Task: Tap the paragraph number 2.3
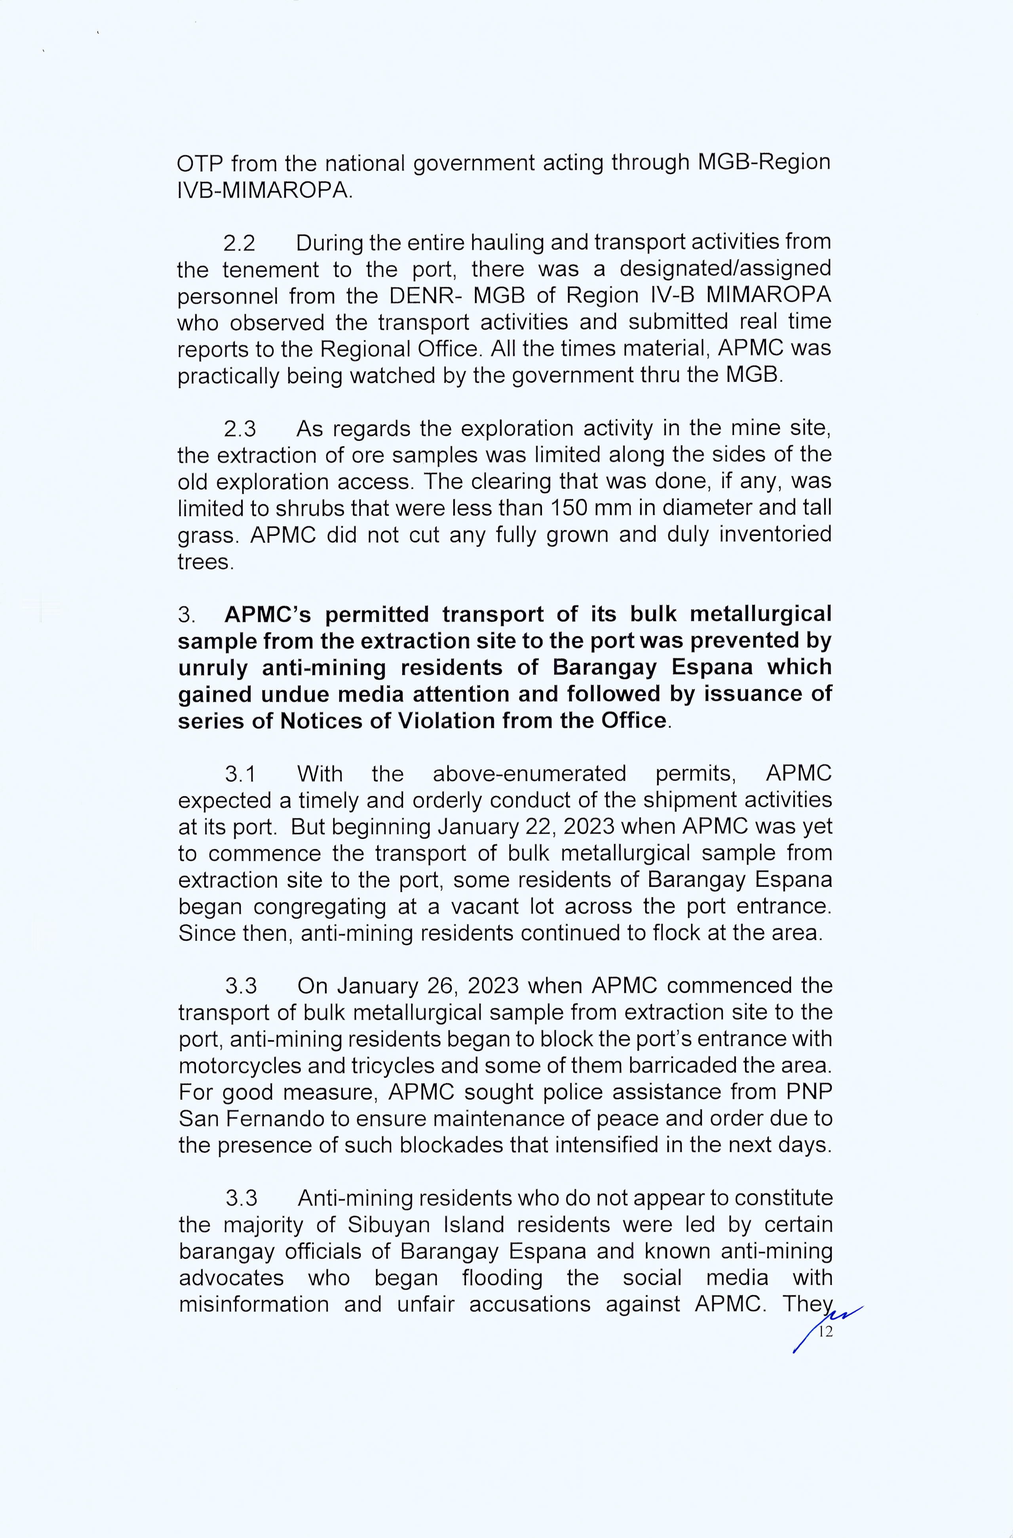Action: click(239, 429)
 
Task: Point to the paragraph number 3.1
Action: click(240, 774)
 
